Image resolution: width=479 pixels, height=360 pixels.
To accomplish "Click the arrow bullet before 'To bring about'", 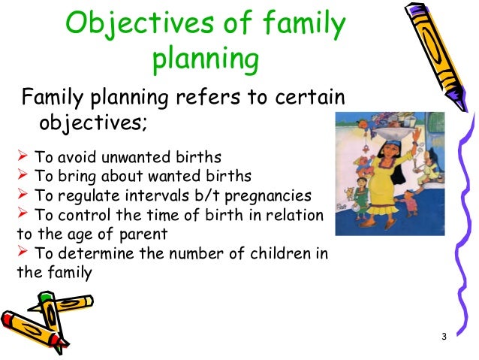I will tap(22, 177).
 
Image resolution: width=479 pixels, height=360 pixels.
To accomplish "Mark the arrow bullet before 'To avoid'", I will tap(22, 157).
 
